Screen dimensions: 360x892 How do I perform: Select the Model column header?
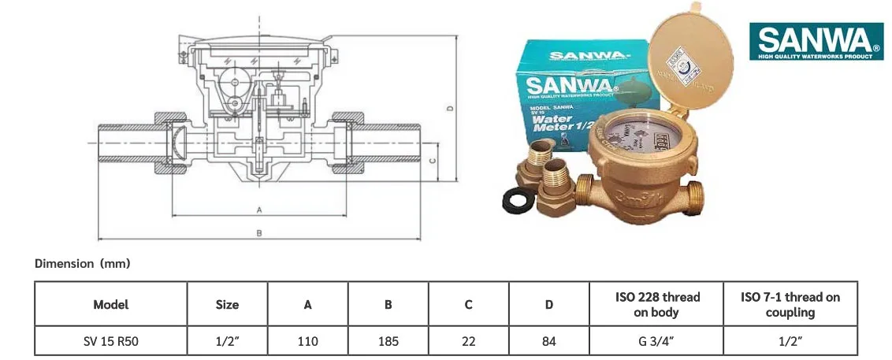pos(110,304)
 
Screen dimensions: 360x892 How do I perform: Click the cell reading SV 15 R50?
pos(110,341)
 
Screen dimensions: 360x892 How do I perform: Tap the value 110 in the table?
pos(307,341)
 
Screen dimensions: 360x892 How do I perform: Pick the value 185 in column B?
pos(388,341)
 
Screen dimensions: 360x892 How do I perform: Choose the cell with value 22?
pos(468,341)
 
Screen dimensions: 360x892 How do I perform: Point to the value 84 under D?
pos(549,341)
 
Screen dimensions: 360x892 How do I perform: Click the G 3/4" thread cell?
pos(656,341)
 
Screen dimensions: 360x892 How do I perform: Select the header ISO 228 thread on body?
pos(656,304)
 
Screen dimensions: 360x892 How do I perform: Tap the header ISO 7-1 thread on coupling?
pos(790,304)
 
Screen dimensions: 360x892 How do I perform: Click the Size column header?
pos(227,304)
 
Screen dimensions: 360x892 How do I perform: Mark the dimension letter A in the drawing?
pos(258,210)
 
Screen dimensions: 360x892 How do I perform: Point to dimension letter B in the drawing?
pos(258,233)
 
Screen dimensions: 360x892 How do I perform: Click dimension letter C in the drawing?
pos(433,161)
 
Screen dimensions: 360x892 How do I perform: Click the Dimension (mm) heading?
pos(82,264)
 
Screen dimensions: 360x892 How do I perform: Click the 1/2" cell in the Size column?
pos(227,341)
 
